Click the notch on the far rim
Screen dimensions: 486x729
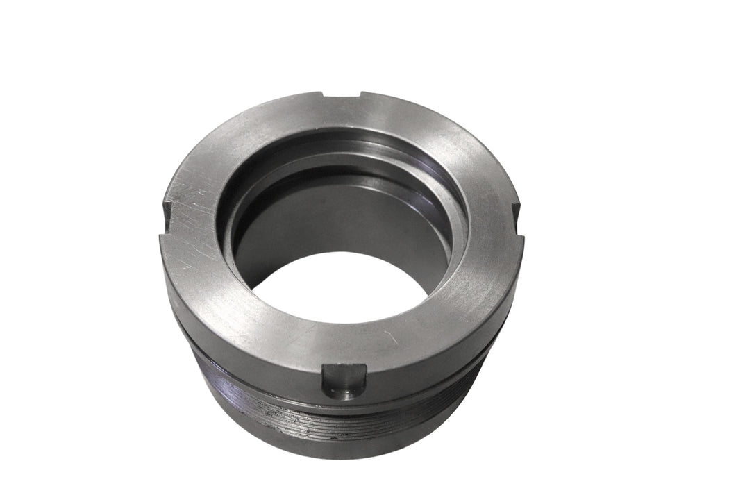342,96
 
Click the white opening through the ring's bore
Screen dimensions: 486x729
339,288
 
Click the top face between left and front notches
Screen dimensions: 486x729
222,305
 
